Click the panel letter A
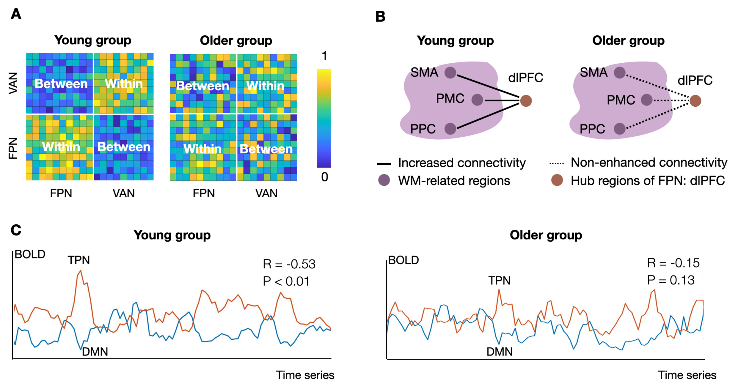16,14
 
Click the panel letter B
380,17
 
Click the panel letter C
16,230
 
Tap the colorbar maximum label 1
324,56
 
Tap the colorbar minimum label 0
324,177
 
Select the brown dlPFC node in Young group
526,101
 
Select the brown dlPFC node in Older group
695,101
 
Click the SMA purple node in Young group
450,72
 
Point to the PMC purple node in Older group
646,100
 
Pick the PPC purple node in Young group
450,129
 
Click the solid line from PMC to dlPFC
501,100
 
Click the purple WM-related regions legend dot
384,180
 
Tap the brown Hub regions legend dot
557,180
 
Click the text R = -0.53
289,264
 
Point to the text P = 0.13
671,280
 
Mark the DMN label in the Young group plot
95,352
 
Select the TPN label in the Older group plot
499,281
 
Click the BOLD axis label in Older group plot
403,260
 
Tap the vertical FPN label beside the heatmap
13,148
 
